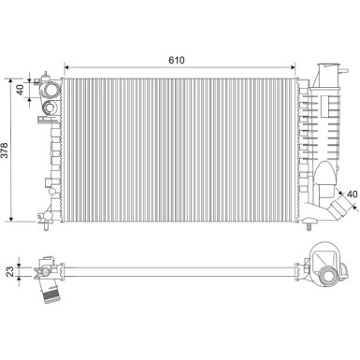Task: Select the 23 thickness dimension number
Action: pyautogui.click(x=10, y=270)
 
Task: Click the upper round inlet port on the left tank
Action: pyautogui.click(x=48, y=91)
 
